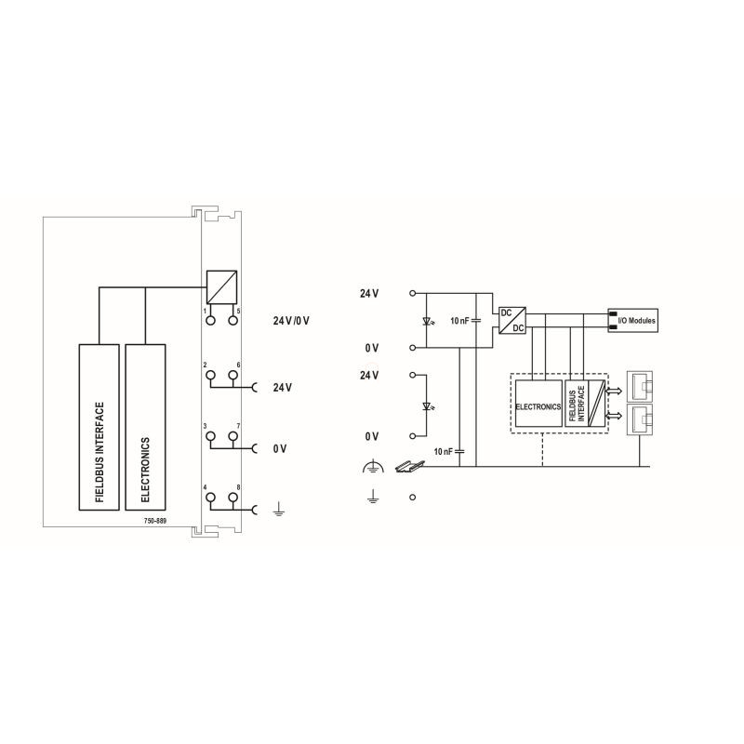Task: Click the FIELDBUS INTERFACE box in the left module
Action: (x=99, y=427)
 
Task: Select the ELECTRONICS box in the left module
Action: (x=145, y=427)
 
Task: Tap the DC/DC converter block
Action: (x=512, y=320)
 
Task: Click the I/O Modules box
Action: (x=632, y=320)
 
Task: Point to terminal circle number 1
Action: (x=211, y=320)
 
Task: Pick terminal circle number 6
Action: (x=232, y=375)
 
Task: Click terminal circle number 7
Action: (x=232, y=436)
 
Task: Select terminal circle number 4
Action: (x=211, y=498)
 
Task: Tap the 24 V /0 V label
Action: (x=291, y=321)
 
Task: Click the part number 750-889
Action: (x=155, y=521)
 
